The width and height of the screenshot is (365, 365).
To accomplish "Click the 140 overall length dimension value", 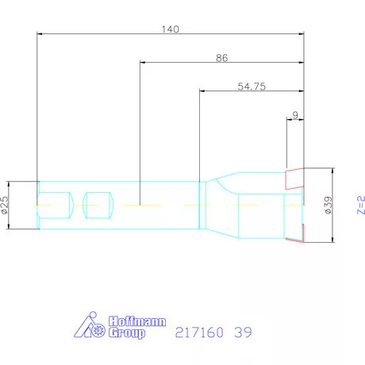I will [x=170, y=29].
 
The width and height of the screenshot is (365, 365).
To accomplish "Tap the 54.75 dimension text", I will [x=251, y=86].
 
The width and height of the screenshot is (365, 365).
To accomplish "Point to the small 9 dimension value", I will [x=295, y=116].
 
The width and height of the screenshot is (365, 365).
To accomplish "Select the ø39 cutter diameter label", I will [x=327, y=206].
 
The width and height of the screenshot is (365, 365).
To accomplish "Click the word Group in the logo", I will [x=127, y=334].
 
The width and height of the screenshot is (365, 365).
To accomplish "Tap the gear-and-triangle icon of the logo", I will [x=90, y=328].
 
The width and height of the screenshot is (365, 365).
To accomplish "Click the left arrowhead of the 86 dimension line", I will [x=143, y=62].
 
